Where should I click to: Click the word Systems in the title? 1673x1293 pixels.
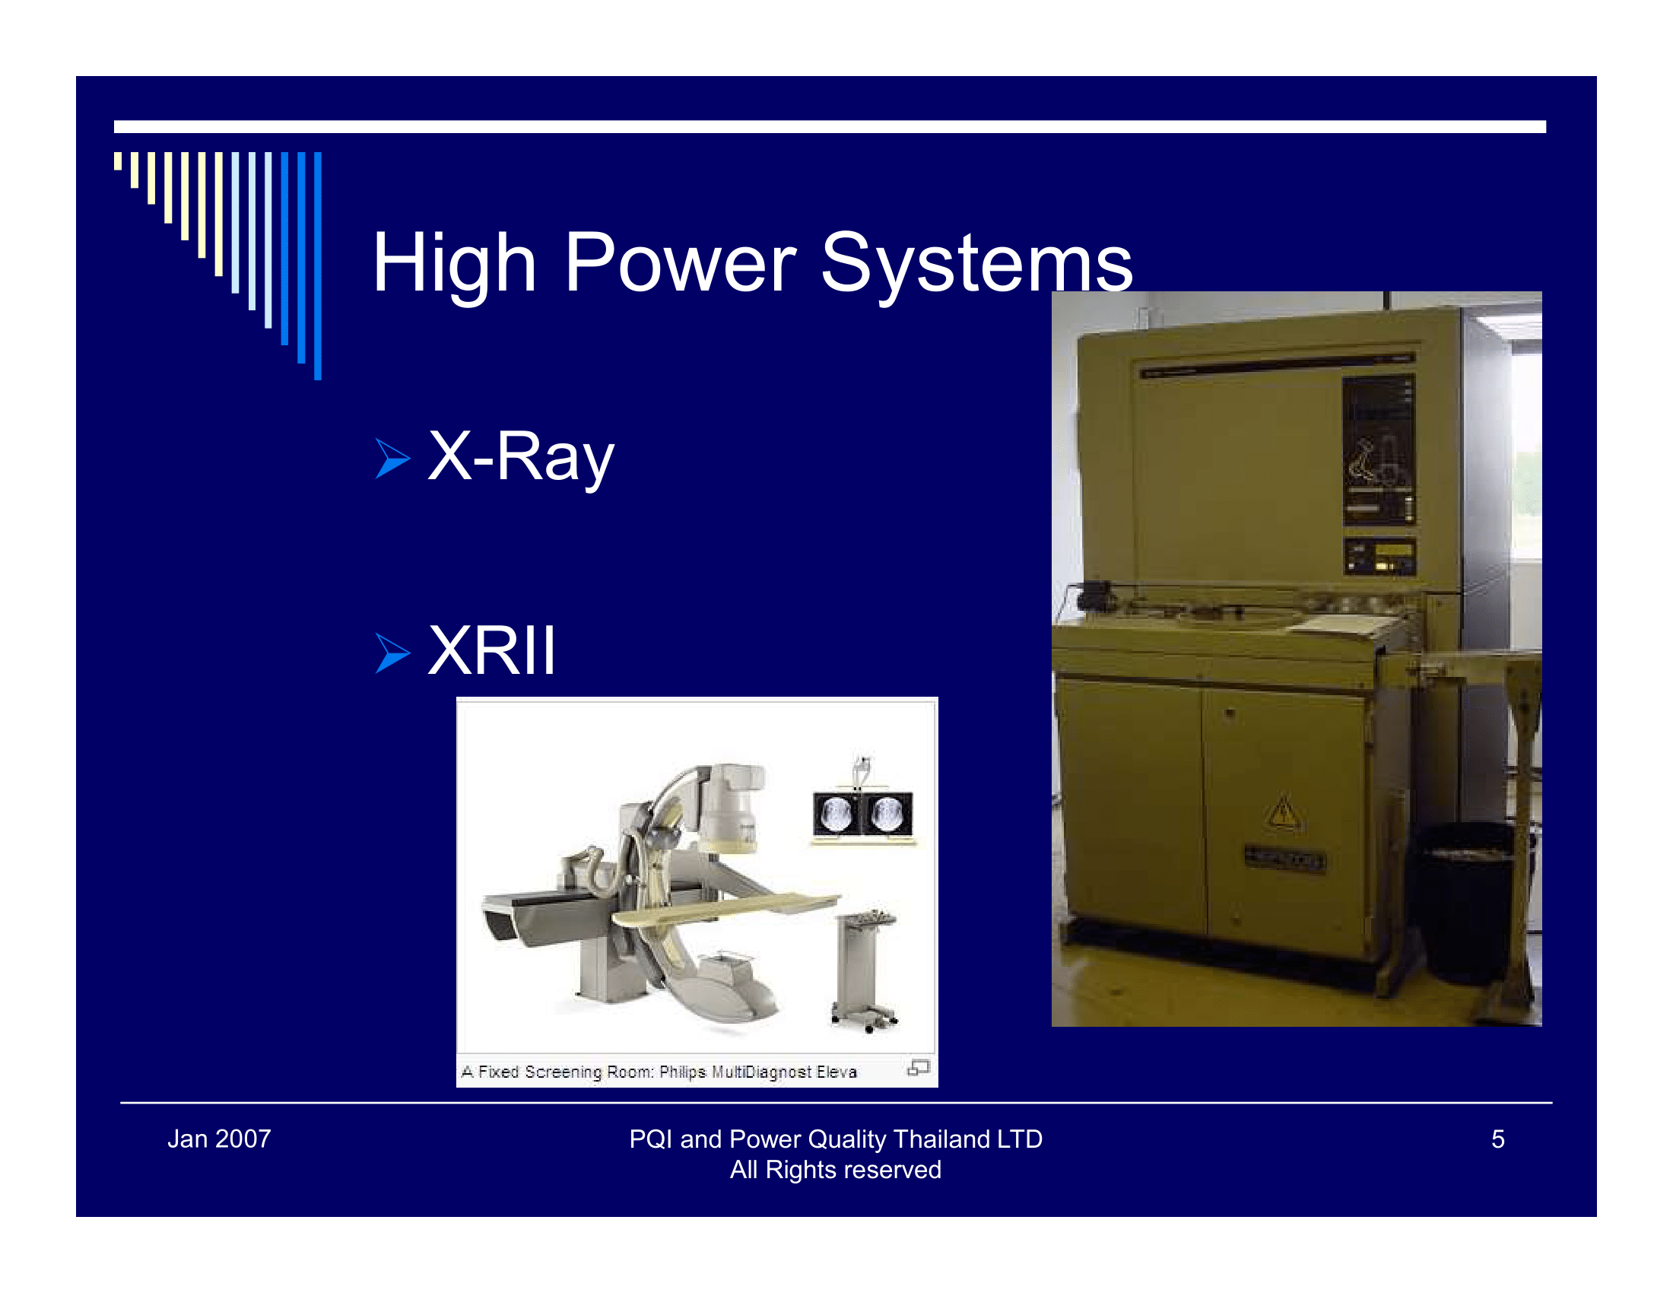[976, 263]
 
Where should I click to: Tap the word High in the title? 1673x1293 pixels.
[453, 263]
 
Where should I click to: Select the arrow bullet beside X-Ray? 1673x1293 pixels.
[392, 458]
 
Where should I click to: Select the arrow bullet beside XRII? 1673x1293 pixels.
[392, 653]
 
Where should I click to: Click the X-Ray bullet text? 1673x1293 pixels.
[521, 456]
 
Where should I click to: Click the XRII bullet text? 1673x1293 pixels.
[491, 651]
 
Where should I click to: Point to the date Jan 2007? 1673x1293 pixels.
[219, 1139]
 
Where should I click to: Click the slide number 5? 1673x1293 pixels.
[1497, 1139]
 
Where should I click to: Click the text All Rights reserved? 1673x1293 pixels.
[835, 1170]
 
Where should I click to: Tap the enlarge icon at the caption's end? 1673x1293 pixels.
[918, 1068]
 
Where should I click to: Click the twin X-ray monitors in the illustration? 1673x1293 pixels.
[862, 814]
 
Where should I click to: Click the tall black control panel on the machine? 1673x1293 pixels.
[1378, 450]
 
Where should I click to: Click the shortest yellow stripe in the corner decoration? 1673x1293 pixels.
[118, 160]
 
